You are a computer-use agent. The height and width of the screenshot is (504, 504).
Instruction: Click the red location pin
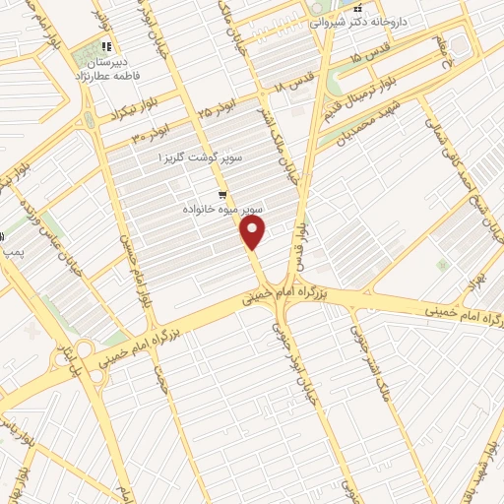(254, 231)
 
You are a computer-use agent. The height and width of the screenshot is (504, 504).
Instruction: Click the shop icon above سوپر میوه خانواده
(224, 195)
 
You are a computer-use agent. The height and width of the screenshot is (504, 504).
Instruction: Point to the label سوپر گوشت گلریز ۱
(202, 157)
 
